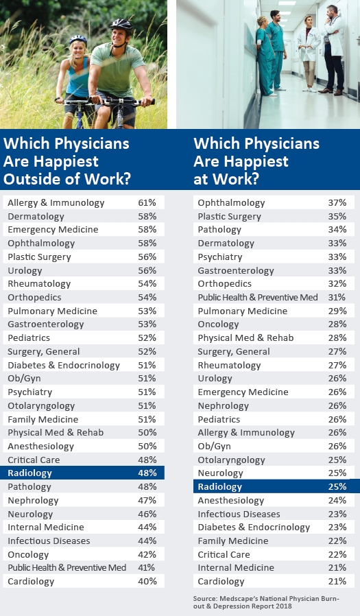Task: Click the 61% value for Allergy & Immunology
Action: point(147,203)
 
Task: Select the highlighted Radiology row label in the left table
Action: point(30,473)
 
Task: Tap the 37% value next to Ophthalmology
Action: point(337,203)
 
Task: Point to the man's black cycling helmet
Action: point(121,26)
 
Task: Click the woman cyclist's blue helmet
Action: point(78,39)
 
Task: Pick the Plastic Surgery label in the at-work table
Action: point(229,217)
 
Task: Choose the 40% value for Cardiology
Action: point(147,581)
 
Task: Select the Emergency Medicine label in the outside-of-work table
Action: point(53,229)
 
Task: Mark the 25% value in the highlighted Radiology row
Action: point(337,486)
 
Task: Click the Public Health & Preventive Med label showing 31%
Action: point(258,298)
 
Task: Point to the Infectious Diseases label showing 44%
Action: point(49,541)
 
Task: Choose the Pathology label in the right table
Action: point(219,230)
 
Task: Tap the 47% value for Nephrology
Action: point(147,500)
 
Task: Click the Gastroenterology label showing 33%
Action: point(236,271)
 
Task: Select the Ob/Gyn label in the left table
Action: point(24,379)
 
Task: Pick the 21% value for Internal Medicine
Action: point(337,567)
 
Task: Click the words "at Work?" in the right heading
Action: point(226,179)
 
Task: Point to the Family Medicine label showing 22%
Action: point(233,541)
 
